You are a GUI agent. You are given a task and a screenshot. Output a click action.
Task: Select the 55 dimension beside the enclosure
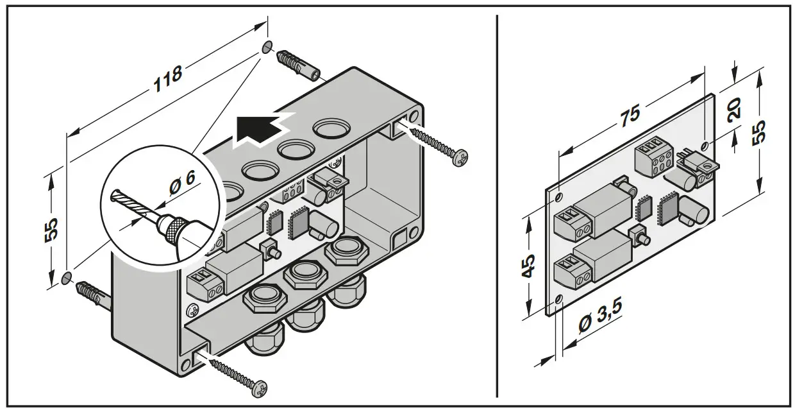pos(52,228)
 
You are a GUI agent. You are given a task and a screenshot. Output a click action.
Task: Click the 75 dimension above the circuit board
pos(630,114)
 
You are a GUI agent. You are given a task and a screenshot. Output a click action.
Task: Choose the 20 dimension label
pos(735,108)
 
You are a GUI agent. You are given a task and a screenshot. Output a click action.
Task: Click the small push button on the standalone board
pos(637,235)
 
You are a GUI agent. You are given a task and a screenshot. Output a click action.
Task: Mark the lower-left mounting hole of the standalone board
pos(560,300)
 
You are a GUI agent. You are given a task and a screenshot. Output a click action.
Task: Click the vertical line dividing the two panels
pos(497,205)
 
